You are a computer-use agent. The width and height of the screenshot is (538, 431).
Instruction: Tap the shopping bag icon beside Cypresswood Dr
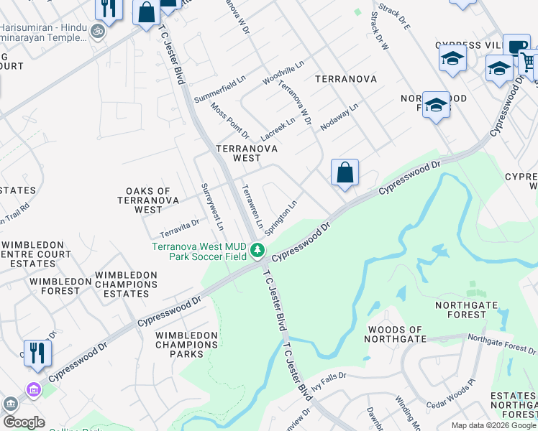click(x=345, y=173)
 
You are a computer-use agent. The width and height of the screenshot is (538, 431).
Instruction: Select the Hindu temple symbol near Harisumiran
click(x=99, y=32)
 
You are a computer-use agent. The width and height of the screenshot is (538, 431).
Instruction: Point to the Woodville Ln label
click(x=283, y=73)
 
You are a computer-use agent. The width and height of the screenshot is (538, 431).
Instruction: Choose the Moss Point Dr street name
click(x=229, y=120)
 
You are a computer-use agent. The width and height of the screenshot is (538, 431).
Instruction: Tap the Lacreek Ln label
click(x=278, y=125)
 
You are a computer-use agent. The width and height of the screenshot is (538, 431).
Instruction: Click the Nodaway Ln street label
click(x=339, y=116)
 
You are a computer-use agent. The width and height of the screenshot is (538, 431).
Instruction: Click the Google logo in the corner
click(x=23, y=422)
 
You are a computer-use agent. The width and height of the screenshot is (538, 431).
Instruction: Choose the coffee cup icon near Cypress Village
click(x=516, y=46)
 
